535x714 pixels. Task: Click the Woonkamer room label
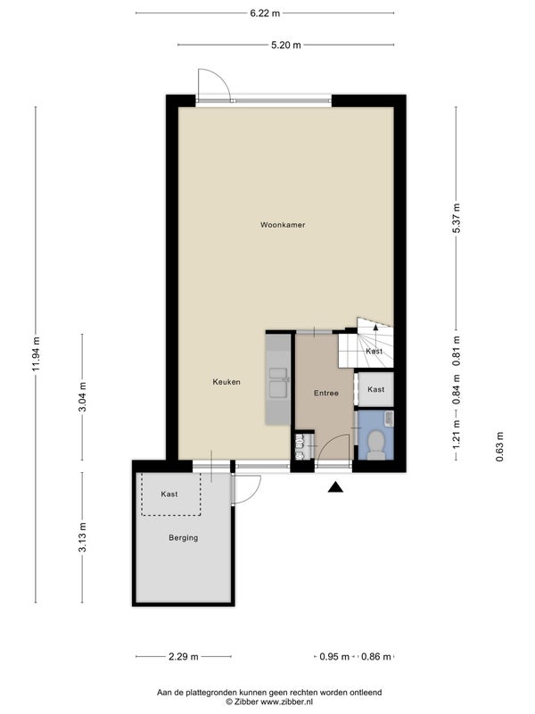[283, 225]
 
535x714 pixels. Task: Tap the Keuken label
[226, 382]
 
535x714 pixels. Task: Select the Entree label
[326, 393]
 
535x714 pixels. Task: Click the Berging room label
[184, 538]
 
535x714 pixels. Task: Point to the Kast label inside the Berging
[169, 494]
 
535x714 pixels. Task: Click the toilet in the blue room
[375, 444]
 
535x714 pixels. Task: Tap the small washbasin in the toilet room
[389, 419]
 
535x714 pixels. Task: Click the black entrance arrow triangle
[336, 487]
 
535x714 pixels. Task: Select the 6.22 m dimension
[265, 13]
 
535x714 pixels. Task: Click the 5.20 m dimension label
[286, 45]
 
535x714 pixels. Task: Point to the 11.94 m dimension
[37, 353]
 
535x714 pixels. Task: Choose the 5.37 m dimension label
[457, 218]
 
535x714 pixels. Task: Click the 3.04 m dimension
[82, 397]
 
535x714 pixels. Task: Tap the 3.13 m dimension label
[82, 538]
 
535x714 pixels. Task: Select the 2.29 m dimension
[184, 657]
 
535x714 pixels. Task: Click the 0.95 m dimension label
[334, 657]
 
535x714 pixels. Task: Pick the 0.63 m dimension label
[500, 447]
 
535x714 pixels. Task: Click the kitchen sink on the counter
[278, 383]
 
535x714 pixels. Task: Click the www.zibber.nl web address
[286, 702]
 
